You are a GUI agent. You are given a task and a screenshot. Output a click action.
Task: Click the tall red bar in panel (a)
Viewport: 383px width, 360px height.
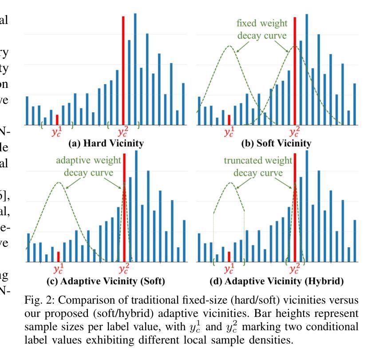pos(123,71)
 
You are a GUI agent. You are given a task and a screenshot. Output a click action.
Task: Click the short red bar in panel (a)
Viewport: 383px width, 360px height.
pos(57,119)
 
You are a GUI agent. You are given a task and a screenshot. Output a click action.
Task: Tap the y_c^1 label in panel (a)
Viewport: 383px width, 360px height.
pos(57,132)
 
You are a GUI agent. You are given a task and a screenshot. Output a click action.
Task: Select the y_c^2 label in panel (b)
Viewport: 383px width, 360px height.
pos(294,132)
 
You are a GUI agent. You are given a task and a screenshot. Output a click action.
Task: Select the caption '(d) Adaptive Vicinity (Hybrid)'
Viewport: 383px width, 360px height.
pos(276,281)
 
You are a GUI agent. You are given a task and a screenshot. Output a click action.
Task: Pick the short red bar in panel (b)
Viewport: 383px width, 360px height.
pos(229,119)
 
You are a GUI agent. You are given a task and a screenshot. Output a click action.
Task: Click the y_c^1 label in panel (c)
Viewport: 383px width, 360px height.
pos(58,269)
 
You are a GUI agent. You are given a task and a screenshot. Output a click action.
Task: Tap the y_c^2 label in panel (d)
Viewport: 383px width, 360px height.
pos(294,269)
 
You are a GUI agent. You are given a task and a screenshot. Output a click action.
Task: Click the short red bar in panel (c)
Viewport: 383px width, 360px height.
pos(58,257)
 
